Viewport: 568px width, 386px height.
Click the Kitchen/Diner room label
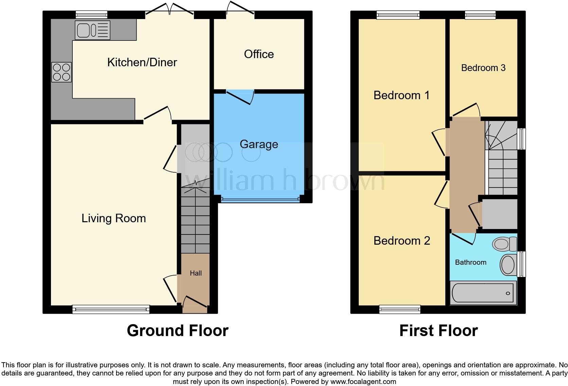[x=142, y=63]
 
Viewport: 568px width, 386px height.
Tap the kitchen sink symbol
[x=92, y=30]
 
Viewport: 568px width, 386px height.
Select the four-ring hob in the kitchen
[x=61, y=72]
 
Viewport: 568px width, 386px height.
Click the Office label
[x=259, y=54]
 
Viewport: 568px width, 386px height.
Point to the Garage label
[x=259, y=144]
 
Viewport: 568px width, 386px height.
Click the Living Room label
[x=113, y=218]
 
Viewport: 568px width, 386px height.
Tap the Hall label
[x=196, y=273]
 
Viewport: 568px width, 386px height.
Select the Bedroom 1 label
[x=402, y=95]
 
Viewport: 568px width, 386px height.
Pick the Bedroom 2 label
[x=402, y=241]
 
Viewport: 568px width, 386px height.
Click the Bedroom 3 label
[x=483, y=68]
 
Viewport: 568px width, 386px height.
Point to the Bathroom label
[x=471, y=262]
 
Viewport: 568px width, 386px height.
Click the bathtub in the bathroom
[x=483, y=293]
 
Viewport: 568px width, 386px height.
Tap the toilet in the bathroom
[x=504, y=244]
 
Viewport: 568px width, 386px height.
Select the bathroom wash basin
[x=508, y=265]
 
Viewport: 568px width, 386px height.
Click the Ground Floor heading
[x=177, y=331]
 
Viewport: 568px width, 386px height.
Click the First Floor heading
[x=438, y=331]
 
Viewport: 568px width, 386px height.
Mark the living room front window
[x=111, y=309]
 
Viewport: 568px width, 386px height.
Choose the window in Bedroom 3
[x=480, y=15]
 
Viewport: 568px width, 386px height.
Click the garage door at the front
[x=260, y=200]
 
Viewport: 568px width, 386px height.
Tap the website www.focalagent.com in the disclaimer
[x=363, y=382]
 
